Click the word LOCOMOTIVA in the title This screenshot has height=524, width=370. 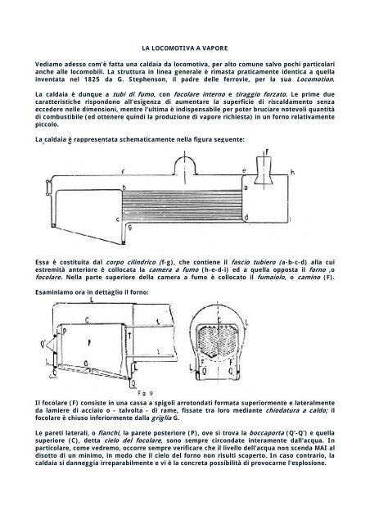point(173,48)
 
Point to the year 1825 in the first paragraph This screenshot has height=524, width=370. point(92,79)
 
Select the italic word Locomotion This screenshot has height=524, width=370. point(315,79)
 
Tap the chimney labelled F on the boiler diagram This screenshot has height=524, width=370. point(264,170)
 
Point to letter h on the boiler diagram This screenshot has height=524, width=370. point(293,173)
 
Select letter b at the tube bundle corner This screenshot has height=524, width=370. point(124,187)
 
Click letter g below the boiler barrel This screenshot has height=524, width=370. point(130,228)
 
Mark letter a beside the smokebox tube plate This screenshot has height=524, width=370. point(246,187)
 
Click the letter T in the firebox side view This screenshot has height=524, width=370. point(129,335)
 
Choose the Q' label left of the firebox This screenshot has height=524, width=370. point(43,343)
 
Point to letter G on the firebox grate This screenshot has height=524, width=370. point(86,364)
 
